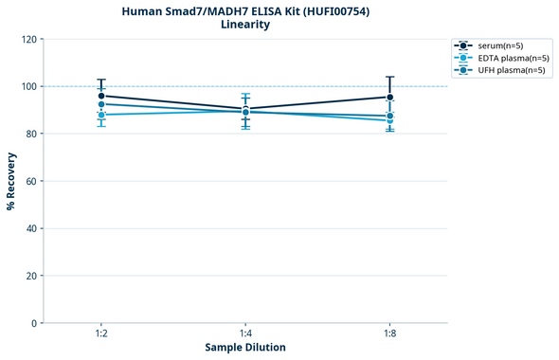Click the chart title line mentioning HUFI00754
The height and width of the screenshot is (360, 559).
[x=245, y=10]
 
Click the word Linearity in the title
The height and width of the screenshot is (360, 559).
[x=245, y=25]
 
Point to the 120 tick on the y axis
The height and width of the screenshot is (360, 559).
[x=28, y=39]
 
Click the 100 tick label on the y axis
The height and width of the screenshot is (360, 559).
[x=28, y=86]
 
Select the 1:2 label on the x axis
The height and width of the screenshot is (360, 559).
[x=100, y=334]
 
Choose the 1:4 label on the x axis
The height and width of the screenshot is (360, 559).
[x=245, y=334]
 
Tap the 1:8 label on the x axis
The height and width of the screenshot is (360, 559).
[x=390, y=334]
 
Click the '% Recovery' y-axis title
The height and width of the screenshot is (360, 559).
[x=11, y=181]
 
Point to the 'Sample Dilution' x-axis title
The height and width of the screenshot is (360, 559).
[x=245, y=348]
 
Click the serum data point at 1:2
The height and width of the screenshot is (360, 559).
[x=101, y=96]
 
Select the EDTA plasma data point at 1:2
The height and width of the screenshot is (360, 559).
[x=101, y=115]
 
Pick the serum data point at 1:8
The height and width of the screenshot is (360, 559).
[x=390, y=97]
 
